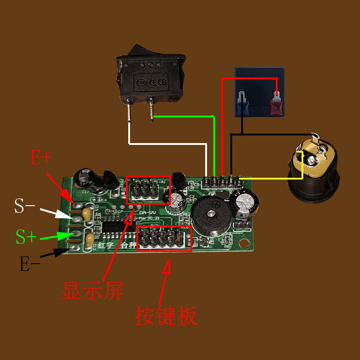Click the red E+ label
(41, 158)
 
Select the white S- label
(25, 206)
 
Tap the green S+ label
(27, 237)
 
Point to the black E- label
(30, 264)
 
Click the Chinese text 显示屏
(92, 291)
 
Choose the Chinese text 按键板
(166, 316)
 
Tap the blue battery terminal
(243, 103)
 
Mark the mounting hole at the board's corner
(244, 243)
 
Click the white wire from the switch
(166, 144)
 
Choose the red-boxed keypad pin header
(164, 238)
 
